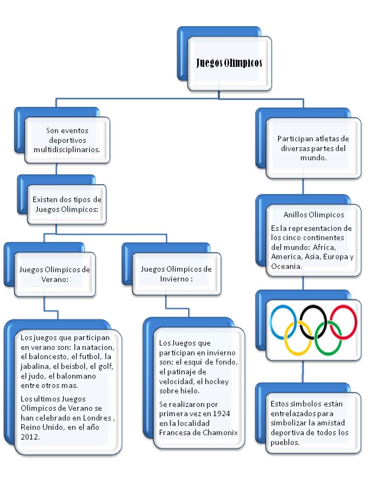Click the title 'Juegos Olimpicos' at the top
coord(229,63)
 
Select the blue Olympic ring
coord(271,322)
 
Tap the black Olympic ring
coord(301,322)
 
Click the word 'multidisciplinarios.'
coord(67,150)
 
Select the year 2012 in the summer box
coord(30,437)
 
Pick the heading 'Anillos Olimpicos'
coord(314,215)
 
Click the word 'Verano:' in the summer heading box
coord(55,279)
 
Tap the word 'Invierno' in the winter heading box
coord(174,279)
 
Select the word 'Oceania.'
coord(286,266)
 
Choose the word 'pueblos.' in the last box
coord(285,442)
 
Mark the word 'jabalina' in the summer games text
coord(34,366)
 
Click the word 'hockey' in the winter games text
coord(217,381)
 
